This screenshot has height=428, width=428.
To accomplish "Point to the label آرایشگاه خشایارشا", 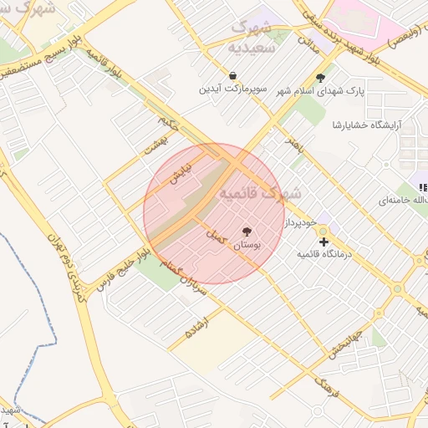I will pos(367,125).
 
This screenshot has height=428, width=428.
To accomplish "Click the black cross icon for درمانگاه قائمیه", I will pos(324,241).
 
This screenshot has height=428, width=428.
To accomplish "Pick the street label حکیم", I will pos(169,124).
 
